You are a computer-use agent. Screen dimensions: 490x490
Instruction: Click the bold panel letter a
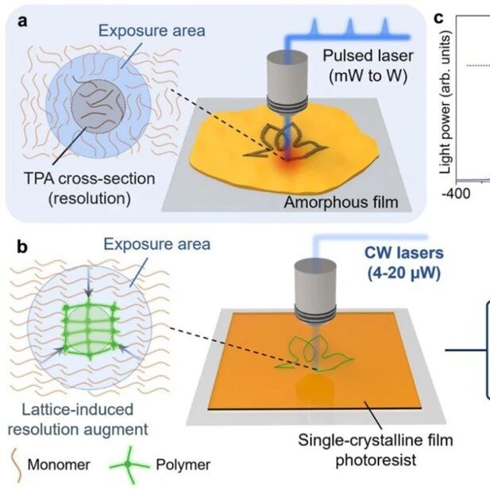pyautogui.click(x=23, y=22)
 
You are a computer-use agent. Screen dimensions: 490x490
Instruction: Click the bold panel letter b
pyautogui.click(x=22, y=247)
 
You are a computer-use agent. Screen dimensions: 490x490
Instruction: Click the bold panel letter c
pyautogui.click(x=439, y=19)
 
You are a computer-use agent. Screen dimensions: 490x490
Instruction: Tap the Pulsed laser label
pyautogui.click(x=368, y=56)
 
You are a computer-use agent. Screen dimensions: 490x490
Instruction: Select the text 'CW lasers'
pyautogui.click(x=404, y=253)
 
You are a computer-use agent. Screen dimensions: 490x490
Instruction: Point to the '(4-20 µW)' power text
pyautogui.click(x=404, y=273)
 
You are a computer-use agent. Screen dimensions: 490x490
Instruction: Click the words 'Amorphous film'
pyautogui.click(x=341, y=202)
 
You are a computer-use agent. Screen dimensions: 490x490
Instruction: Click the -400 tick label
pyautogui.click(x=456, y=193)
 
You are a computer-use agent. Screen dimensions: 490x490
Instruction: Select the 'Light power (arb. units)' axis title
pyautogui.click(x=446, y=102)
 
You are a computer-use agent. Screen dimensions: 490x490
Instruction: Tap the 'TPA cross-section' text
pyautogui.click(x=90, y=179)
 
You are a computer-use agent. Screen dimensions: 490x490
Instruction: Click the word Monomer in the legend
pyautogui.click(x=59, y=465)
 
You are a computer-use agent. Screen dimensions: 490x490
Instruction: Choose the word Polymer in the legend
pyautogui.click(x=183, y=465)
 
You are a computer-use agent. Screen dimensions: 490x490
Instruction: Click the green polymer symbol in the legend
pyautogui.click(x=129, y=465)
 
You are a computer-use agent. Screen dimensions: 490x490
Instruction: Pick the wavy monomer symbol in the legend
pyautogui.click(x=17, y=465)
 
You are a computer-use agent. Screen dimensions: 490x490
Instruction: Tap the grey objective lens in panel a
pyautogui.click(x=287, y=82)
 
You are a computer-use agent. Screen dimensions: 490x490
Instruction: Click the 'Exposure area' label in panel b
pyautogui.click(x=157, y=244)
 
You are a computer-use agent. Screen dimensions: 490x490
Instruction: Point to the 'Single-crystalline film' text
pyautogui.click(x=376, y=440)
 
